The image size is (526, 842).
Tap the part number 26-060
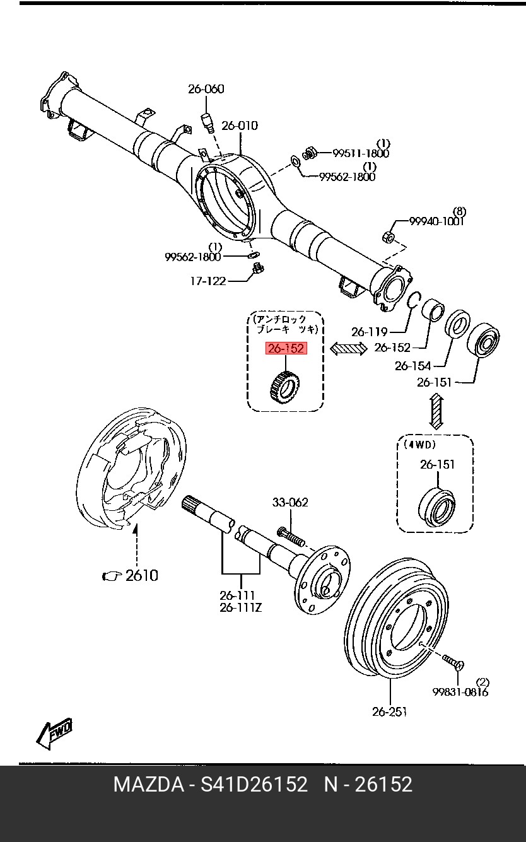pyautogui.click(x=206, y=89)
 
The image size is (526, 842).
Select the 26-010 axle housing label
pyautogui.click(x=240, y=126)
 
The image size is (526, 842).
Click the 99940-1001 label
pyautogui.click(x=436, y=221)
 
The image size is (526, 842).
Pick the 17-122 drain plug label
pyautogui.click(x=207, y=281)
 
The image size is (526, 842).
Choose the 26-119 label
pyautogui.click(x=369, y=331)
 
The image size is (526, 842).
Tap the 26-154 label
pyautogui.click(x=412, y=366)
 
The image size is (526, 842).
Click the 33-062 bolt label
pyautogui.click(x=290, y=503)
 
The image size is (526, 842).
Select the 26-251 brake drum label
pyautogui.click(x=389, y=711)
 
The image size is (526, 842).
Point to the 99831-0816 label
pyautogui.click(x=460, y=692)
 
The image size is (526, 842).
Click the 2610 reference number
pyautogui.click(x=141, y=575)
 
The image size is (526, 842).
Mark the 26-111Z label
pyautogui.click(x=240, y=608)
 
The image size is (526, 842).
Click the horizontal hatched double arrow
pyautogui.click(x=349, y=348)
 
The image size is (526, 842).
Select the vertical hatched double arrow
pyautogui.click(x=435, y=411)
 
